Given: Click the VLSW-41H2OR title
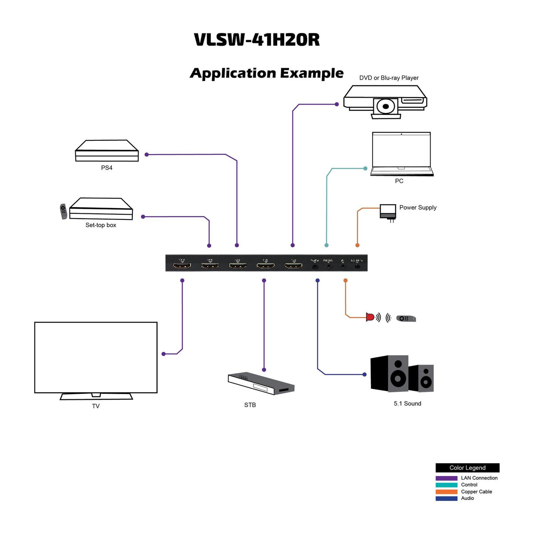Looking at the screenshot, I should [257, 40].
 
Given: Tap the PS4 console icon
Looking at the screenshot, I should [107, 151].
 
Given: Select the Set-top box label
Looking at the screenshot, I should [101, 225].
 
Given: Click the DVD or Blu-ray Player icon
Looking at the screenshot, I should [385, 101].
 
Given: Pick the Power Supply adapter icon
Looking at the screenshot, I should [388, 212].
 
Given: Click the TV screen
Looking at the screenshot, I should [96, 357].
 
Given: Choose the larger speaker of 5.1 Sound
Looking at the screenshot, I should [390, 373].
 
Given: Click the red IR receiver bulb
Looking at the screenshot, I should [370, 317].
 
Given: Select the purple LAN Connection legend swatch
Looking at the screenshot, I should [446, 478].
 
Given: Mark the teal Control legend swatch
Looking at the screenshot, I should [446, 485].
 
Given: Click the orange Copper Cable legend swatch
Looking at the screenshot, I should [446, 492].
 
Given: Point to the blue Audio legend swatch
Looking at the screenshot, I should [446, 498].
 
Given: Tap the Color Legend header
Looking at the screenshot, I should [467, 468].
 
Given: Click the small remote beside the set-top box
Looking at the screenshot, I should [63, 211].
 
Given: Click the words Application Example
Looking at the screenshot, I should [267, 73].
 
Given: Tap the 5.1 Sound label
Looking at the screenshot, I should [407, 404].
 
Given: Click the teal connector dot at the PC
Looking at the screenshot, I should [366, 168].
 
